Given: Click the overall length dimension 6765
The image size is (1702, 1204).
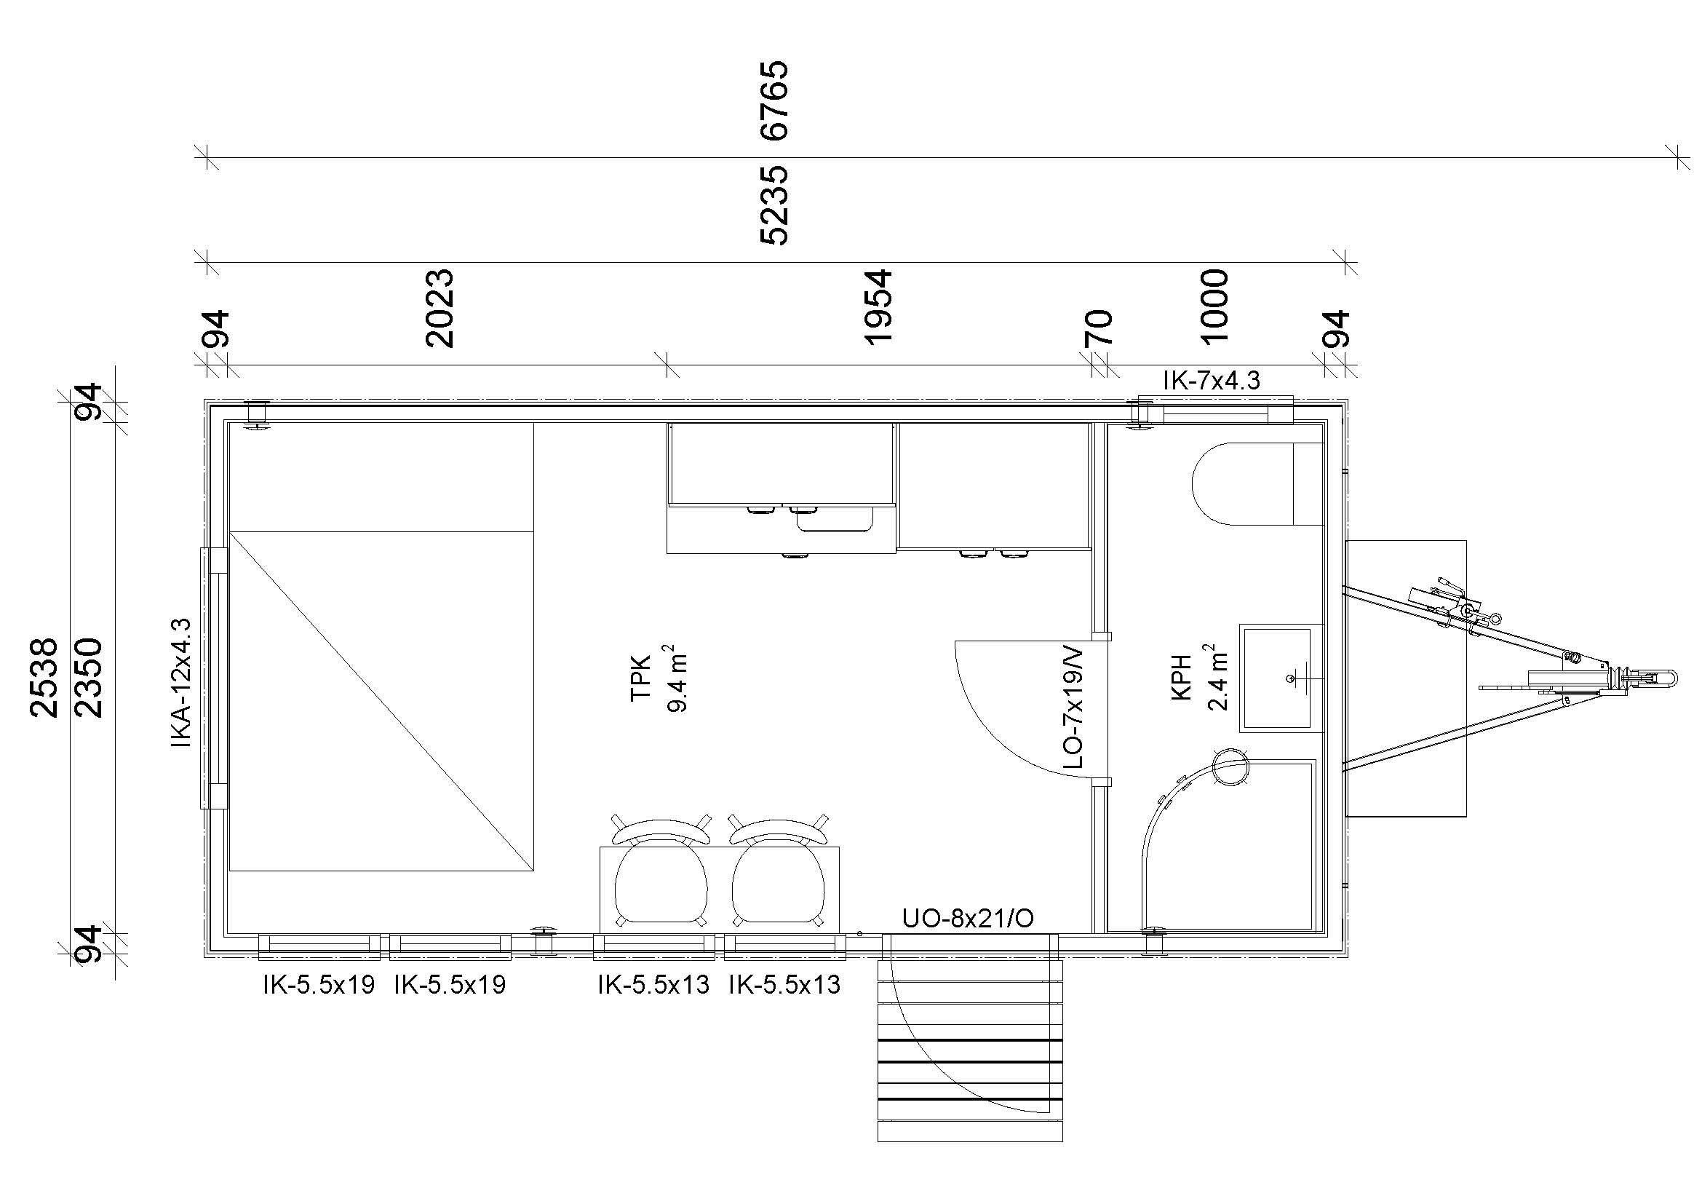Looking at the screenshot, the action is pyautogui.click(x=774, y=101).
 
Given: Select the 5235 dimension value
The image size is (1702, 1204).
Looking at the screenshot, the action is pyautogui.click(x=774, y=205).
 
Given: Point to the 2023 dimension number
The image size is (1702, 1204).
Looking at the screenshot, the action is pyautogui.click(x=439, y=309).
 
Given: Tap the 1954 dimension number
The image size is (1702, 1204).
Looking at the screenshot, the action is pyautogui.click(x=878, y=307).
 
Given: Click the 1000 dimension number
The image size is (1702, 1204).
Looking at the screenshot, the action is pyautogui.click(x=1214, y=307).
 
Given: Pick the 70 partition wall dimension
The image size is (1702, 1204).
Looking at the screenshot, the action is pyautogui.click(x=1099, y=328).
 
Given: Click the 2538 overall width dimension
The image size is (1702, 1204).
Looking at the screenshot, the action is pyautogui.click(x=44, y=678).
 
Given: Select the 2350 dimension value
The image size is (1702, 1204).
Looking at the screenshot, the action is pyautogui.click(x=89, y=678).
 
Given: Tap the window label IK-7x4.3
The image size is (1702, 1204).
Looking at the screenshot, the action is pyautogui.click(x=1212, y=380).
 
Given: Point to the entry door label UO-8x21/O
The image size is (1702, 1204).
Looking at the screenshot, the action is pyautogui.click(x=968, y=919).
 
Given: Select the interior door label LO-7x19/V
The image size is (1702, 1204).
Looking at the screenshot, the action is pyautogui.click(x=1073, y=709).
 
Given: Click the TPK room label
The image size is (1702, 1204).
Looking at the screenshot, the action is pyautogui.click(x=640, y=678).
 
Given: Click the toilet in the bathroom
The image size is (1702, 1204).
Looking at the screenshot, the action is pyautogui.click(x=1257, y=483).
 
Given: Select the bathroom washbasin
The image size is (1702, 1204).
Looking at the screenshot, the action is pyautogui.click(x=1281, y=678).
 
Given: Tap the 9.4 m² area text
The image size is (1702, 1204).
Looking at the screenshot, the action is pyautogui.click(x=677, y=678).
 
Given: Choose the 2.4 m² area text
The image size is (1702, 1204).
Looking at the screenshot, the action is pyautogui.click(x=1219, y=678).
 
